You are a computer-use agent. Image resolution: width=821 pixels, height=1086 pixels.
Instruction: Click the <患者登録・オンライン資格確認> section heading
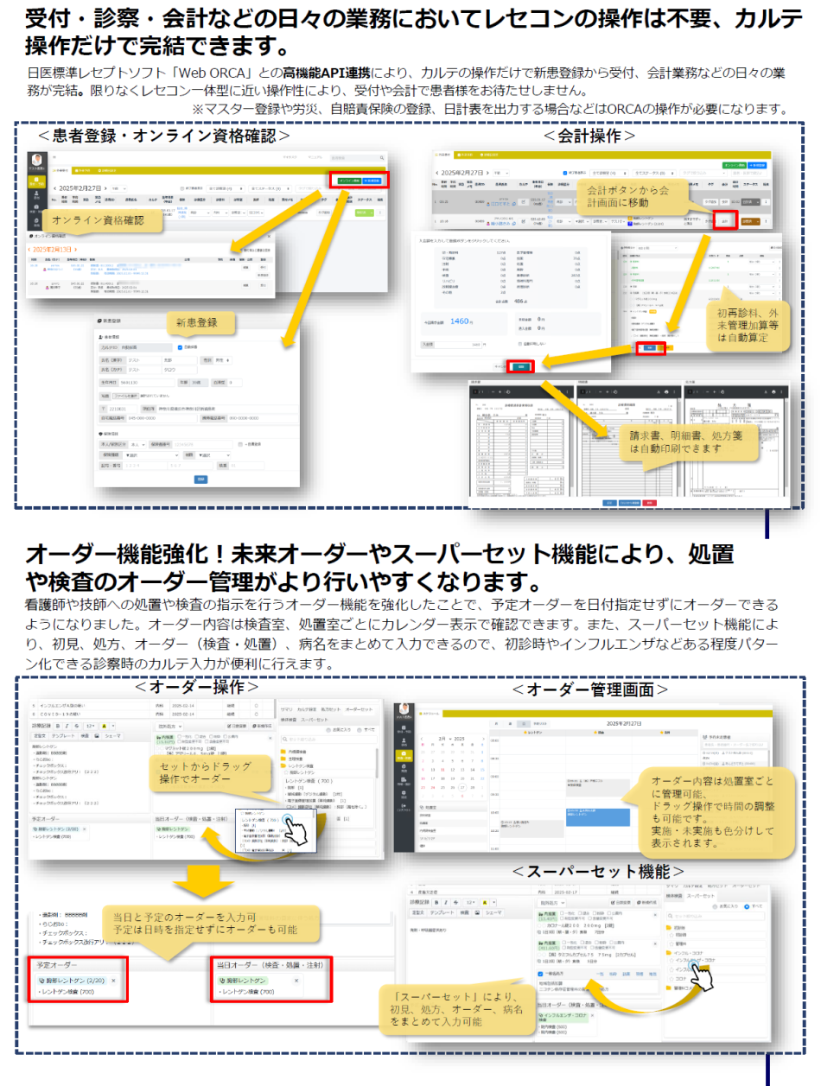coord(163,136)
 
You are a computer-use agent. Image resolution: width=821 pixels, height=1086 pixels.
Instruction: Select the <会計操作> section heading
coord(589,136)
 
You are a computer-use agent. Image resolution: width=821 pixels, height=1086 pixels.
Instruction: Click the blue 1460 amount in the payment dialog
coord(461,321)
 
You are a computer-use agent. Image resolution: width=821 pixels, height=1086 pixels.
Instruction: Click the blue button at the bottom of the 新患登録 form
coord(200,479)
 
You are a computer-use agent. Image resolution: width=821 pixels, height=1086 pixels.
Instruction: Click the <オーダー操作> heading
coord(196,687)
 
